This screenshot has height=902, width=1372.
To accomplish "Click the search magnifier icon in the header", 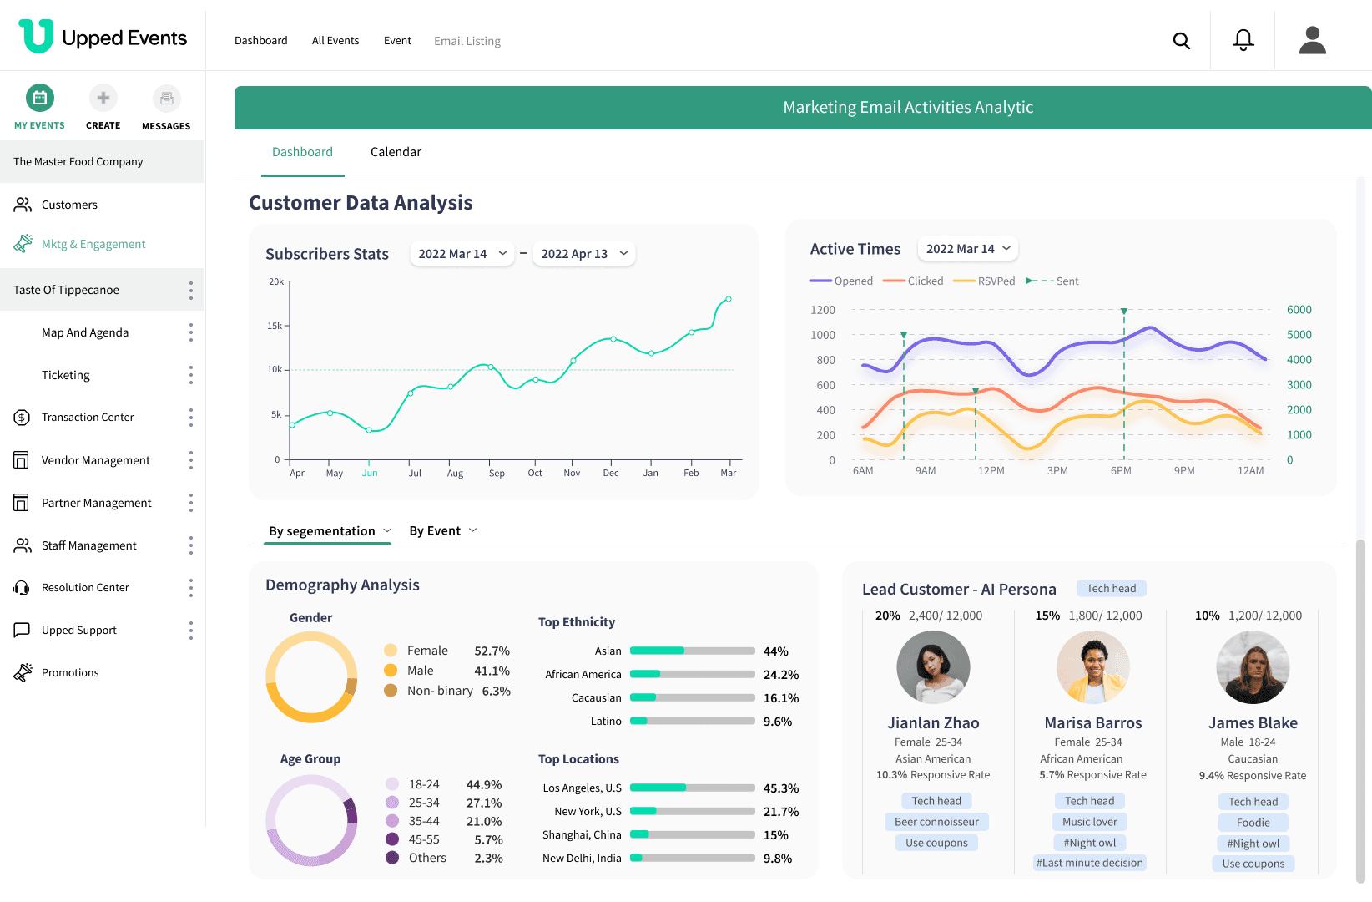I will point(1181,41).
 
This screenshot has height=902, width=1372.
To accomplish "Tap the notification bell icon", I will point(1243,40).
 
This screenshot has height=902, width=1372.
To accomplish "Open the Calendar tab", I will point(396,152).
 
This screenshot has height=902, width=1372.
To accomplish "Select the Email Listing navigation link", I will point(467,41).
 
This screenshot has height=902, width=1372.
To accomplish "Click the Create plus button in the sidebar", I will point(103,99).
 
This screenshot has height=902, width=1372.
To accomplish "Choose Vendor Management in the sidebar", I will point(95,460).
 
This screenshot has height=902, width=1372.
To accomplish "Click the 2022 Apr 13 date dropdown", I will point(583,254).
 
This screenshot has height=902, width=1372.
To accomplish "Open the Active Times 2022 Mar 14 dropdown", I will point(967,249).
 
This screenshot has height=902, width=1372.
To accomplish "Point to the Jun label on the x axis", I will point(370,473).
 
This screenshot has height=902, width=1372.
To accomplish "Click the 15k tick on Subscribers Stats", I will point(275,326).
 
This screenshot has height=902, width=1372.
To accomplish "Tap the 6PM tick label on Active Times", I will point(1121,471).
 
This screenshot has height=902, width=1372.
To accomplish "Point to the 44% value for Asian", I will point(775,651).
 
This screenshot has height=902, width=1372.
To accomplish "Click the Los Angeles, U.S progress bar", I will point(692,788).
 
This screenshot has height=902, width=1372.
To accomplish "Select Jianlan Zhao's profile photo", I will point(933,667).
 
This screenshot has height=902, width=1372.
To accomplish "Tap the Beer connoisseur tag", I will point(936,822).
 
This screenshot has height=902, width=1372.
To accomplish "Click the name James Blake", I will point(1253,723).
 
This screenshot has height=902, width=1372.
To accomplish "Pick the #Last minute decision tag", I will point(1089,863).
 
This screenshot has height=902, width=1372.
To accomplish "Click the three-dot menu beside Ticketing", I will point(191,375).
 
